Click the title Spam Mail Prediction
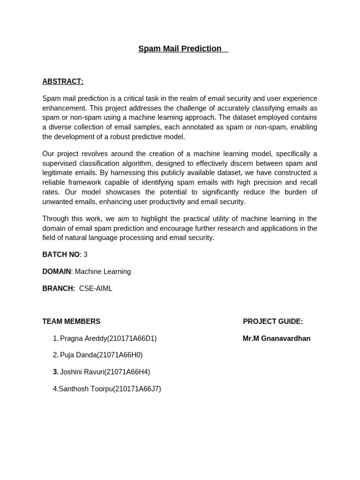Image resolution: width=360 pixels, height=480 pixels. tap(180, 49)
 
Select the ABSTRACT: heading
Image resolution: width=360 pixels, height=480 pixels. tap(63, 82)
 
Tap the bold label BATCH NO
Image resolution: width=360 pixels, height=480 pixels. tap(60, 255)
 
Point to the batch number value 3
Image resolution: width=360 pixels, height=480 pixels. tap(85, 255)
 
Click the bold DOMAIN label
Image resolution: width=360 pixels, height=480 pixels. tap(56, 271)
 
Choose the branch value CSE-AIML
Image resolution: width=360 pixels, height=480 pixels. tap(96, 288)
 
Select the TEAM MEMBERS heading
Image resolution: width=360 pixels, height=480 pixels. tap(71, 322)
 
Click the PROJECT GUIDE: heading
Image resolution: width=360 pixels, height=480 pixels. tap(273, 322)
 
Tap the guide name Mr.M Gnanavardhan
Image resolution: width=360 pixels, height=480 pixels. tap(277, 338)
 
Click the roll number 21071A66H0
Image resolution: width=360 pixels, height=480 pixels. tap(122, 355)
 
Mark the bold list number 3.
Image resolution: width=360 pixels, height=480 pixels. tap(55, 372)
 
